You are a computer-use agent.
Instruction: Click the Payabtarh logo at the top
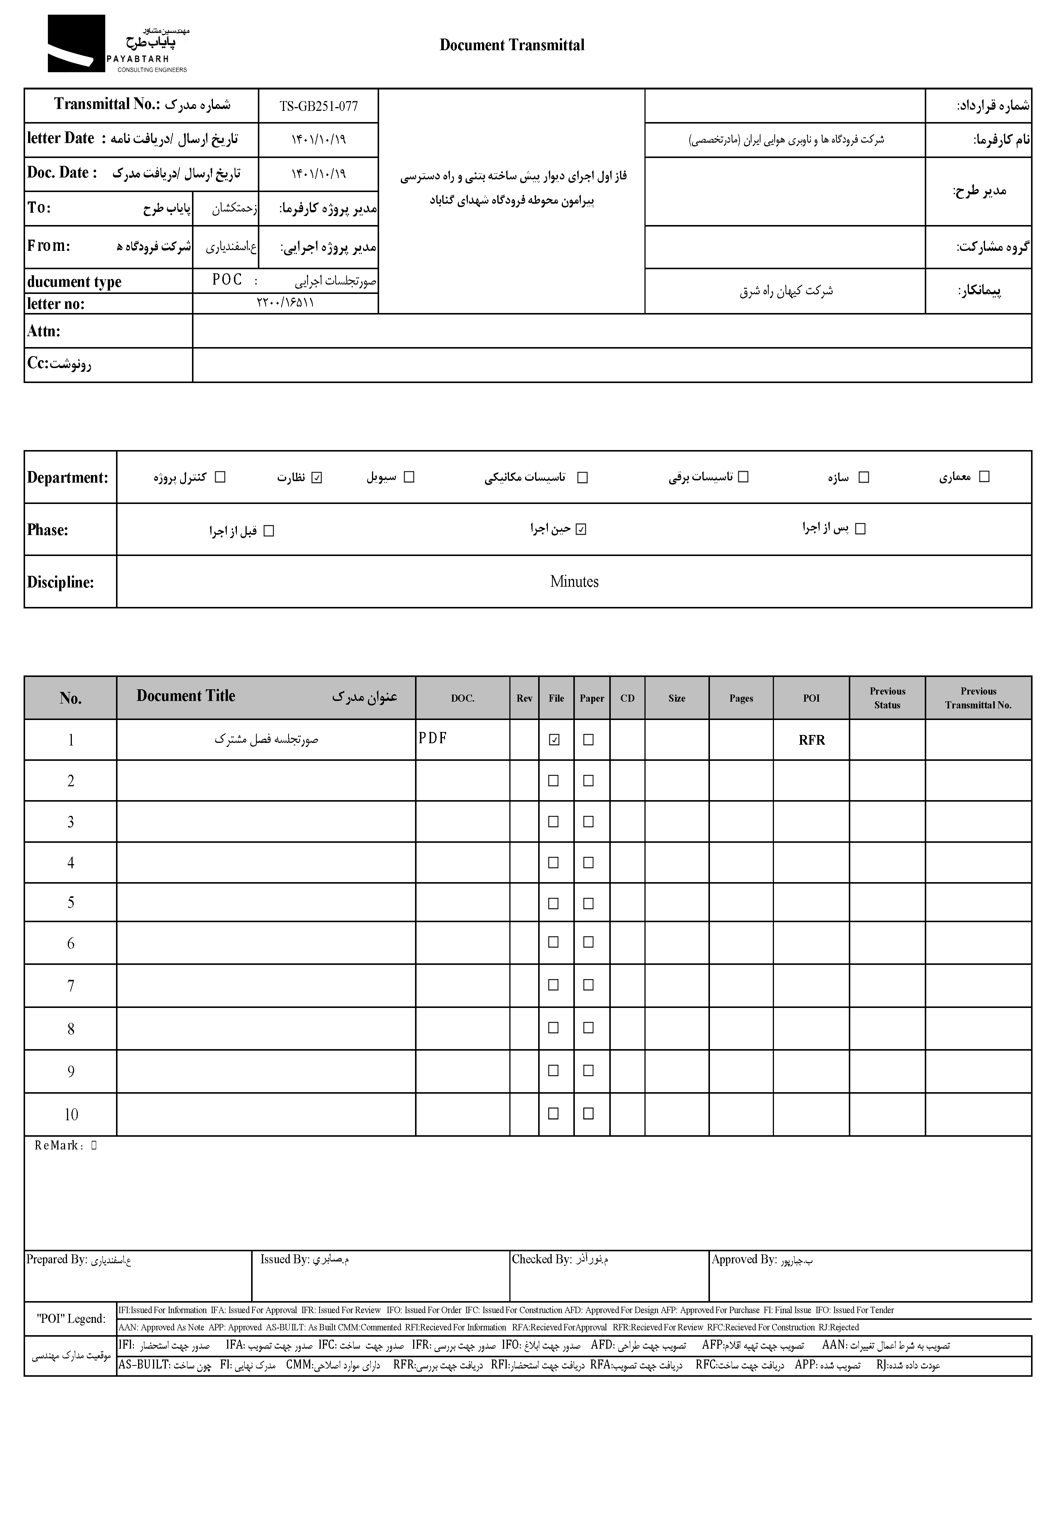(118, 44)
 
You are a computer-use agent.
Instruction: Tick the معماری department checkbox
(984, 477)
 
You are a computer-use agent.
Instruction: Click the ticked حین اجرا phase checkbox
(581, 529)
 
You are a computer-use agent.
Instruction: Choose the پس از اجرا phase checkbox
(860, 529)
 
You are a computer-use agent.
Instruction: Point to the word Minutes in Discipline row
(574, 581)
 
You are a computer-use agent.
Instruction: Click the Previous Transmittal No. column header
(978, 698)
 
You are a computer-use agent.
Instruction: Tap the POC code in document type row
(228, 280)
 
